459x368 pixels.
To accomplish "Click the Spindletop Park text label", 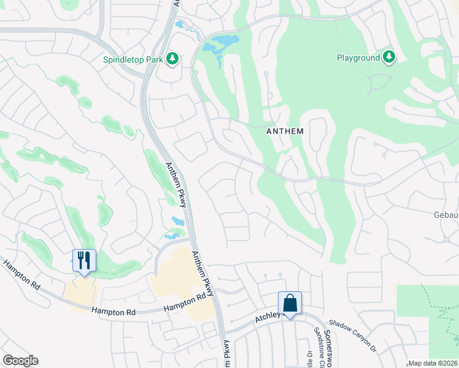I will click(x=132, y=59).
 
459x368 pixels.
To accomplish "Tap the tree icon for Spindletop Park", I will click(x=173, y=58).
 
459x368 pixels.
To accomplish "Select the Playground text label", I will click(x=358, y=58).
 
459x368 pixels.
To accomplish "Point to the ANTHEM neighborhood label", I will click(x=285, y=131).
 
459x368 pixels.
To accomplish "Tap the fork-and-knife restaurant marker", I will click(x=84, y=260).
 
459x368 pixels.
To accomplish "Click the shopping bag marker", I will click(x=290, y=303).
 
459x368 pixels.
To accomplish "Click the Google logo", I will click(x=20, y=361).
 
